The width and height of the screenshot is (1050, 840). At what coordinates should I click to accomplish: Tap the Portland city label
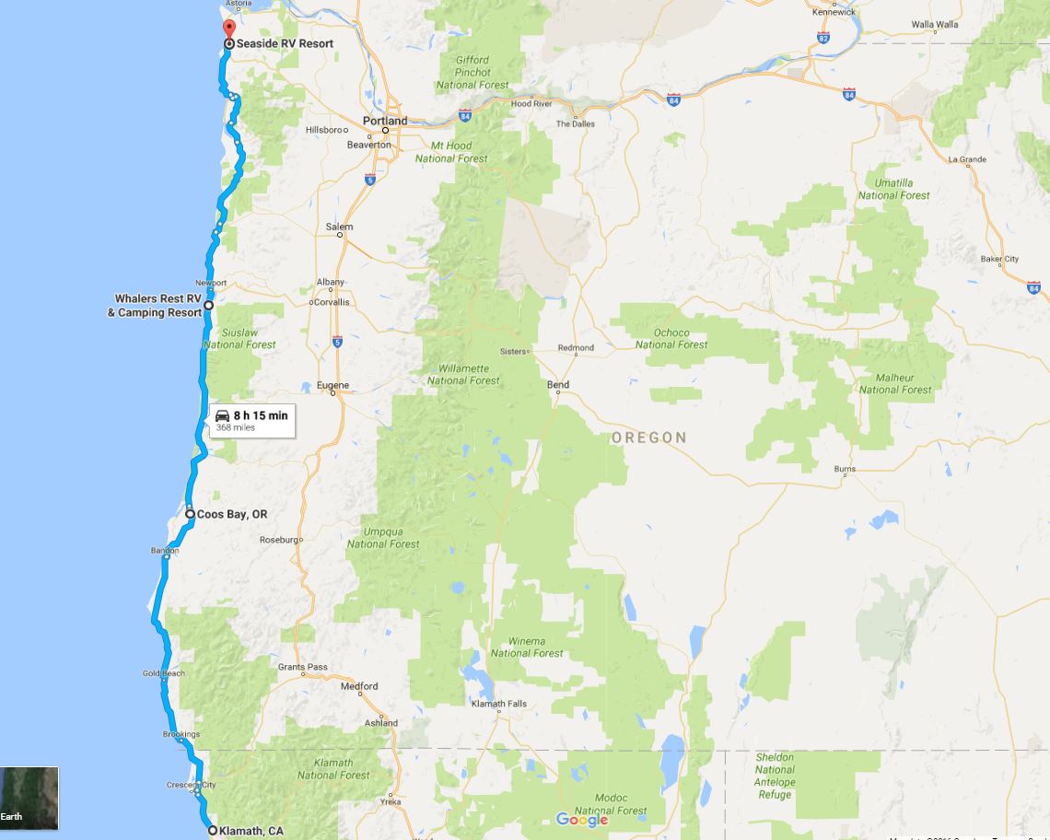[x=385, y=121]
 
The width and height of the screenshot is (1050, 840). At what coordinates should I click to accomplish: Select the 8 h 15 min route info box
[x=251, y=420]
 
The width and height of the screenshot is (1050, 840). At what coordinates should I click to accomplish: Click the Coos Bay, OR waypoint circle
[x=190, y=514]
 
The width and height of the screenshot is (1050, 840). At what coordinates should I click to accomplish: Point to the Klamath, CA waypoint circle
[x=213, y=831]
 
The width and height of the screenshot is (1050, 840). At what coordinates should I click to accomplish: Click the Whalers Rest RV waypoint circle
[x=209, y=305]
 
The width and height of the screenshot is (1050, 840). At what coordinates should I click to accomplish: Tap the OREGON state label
[x=649, y=437]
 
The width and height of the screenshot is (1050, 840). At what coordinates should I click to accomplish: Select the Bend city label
[x=558, y=385]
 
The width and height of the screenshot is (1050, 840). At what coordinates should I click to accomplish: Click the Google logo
[x=582, y=820]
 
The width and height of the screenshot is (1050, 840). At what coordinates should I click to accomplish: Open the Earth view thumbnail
[x=29, y=798]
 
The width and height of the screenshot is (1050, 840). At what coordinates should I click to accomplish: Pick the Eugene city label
[x=332, y=385]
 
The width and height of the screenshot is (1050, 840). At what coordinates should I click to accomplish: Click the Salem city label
[x=339, y=227]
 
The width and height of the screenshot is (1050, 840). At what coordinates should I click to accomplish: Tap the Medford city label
[x=359, y=686]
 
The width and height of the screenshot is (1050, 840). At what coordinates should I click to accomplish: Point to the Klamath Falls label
[x=498, y=704]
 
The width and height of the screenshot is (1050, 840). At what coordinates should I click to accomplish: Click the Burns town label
[x=845, y=469]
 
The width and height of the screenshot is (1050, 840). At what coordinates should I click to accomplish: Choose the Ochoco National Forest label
[x=671, y=339]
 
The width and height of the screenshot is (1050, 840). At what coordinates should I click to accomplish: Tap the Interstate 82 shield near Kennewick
[x=822, y=38]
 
